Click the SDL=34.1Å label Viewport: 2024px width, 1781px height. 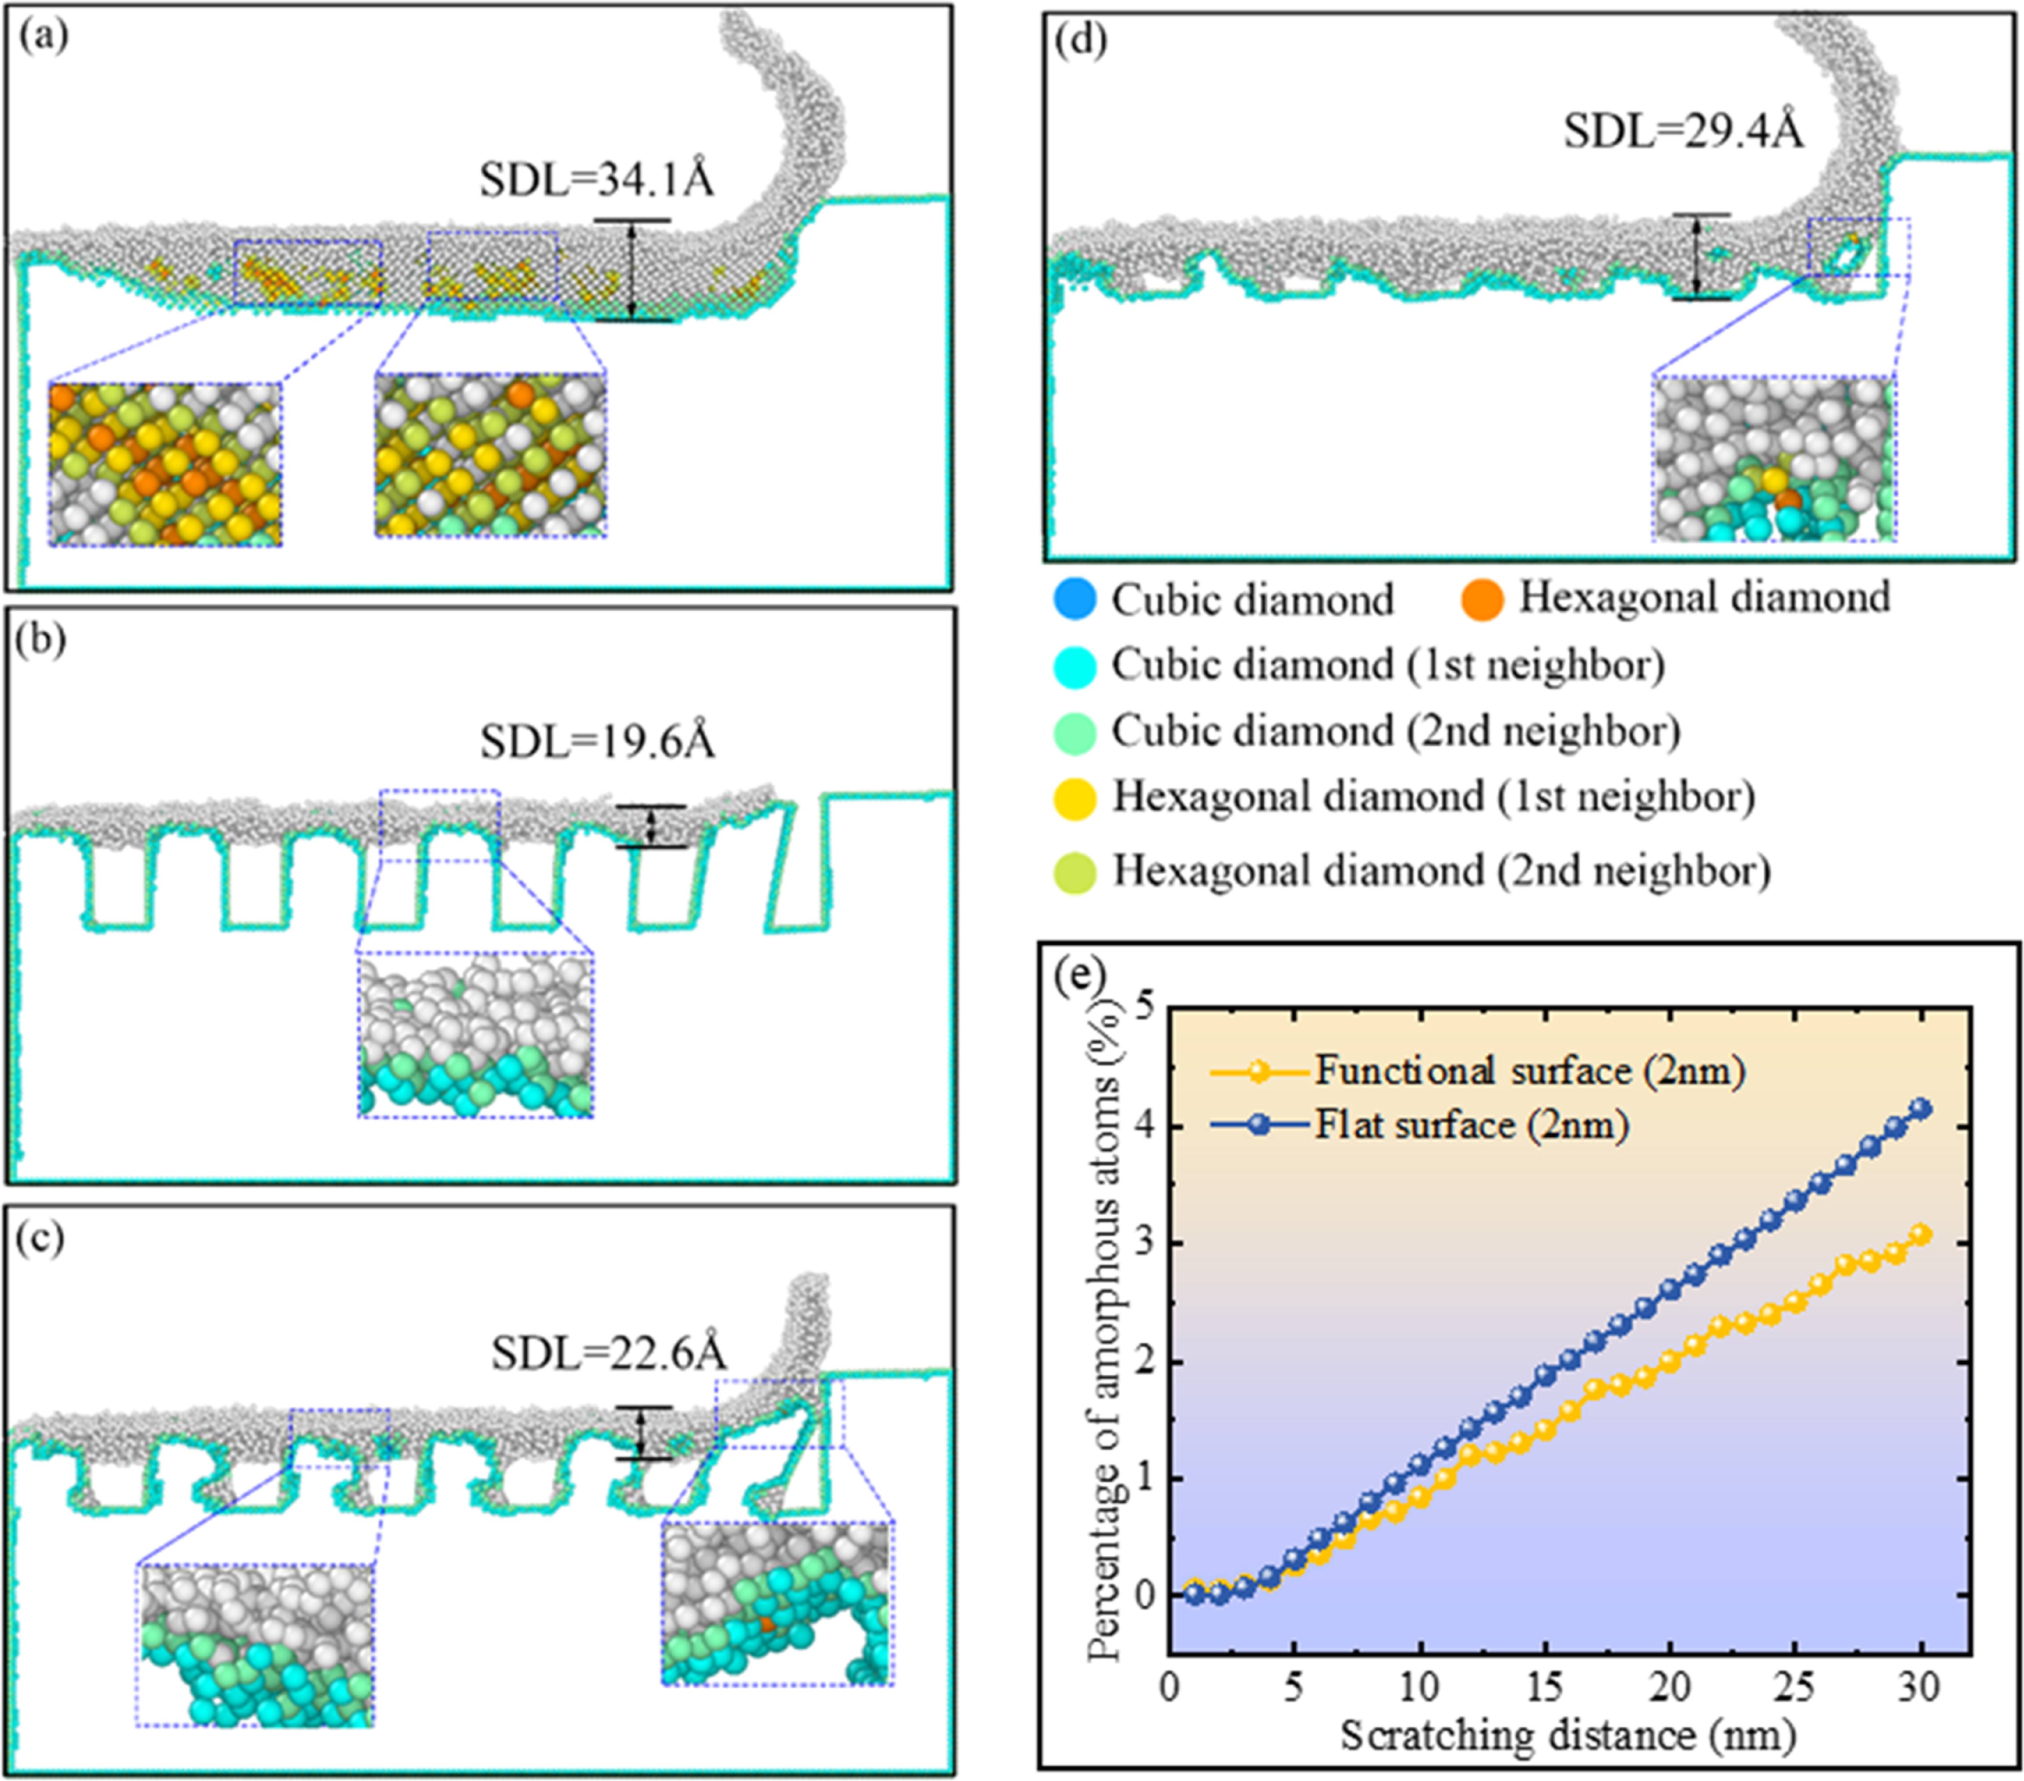coord(597,180)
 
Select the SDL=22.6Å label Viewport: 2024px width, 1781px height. coord(609,1352)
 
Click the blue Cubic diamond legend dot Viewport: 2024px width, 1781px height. coord(1076,599)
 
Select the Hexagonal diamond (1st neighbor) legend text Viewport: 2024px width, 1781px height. coord(1433,797)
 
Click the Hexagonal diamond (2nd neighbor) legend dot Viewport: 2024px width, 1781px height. coord(1076,872)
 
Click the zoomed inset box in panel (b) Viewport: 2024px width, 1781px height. coord(475,1035)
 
